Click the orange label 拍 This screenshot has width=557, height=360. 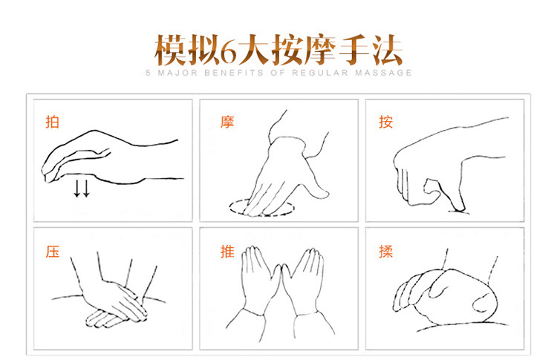coord(52,122)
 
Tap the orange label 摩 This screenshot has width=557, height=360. coord(227,122)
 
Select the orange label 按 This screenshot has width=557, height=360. coord(385,122)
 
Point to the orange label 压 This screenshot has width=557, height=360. coord(52,252)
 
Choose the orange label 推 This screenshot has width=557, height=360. coord(227,252)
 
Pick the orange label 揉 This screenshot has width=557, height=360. coord(385,252)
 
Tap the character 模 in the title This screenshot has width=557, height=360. coord(170,50)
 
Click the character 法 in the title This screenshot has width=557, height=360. coord(388,50)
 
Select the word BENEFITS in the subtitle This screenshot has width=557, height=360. coord(234,73)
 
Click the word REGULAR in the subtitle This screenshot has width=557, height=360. coord(320,73)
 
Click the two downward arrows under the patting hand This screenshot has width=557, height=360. coord(82,189)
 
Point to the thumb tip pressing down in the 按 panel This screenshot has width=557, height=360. coord(459,209)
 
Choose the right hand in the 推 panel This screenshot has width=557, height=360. coord(303,281)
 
